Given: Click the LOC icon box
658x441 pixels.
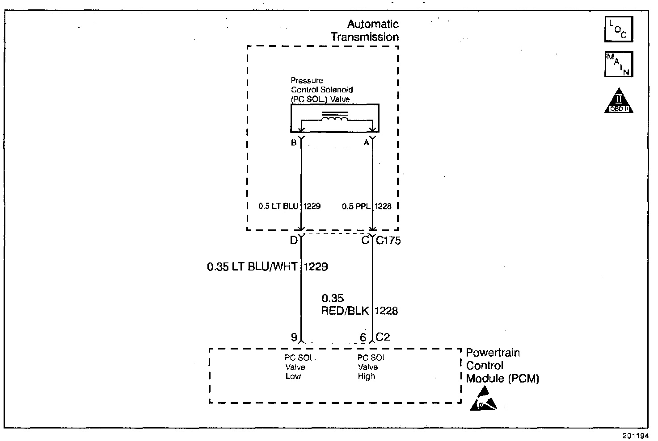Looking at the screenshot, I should click(619, 29).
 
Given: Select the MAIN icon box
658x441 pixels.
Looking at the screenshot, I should click(619, 64).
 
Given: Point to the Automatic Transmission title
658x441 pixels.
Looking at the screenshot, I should click(365, 30).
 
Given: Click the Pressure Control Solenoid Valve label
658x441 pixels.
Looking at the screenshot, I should click(321, 90).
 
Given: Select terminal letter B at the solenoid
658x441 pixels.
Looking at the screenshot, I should click(294, 143).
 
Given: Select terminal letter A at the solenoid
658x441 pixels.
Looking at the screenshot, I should click(366, 143).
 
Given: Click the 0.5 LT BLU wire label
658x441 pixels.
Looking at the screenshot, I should click(278, 206).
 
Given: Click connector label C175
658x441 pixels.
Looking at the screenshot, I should click(388, 241).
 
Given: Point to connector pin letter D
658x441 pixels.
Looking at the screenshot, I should click(294, 241).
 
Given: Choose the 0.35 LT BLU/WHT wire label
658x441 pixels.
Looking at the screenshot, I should click(253, 267).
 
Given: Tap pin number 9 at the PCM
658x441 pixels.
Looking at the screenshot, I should click(294, 337).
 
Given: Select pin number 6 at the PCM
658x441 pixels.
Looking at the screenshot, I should click(363, 337).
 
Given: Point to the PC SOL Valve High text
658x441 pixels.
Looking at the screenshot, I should click(372, 367).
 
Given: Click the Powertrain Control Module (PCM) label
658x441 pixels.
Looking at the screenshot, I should click(502, 366).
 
